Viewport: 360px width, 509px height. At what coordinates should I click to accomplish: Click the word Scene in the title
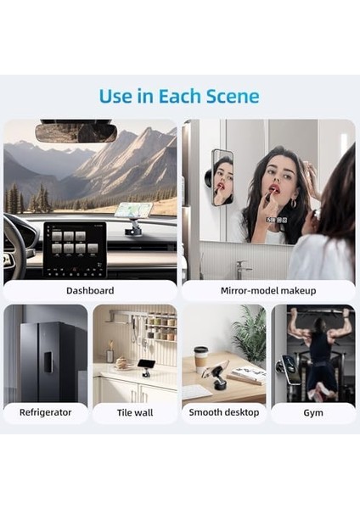[x=233, y=96]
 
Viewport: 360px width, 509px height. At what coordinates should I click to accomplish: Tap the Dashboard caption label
[x=90, y=290]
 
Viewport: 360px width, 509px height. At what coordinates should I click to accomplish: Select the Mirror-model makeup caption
[x=268, y=290]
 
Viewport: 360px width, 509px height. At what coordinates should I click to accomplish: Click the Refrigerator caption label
[x=46, y=412]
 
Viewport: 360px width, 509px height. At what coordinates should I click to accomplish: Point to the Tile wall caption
[x=135, y=412]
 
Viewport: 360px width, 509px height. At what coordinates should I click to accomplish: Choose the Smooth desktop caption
[x=224, y=412]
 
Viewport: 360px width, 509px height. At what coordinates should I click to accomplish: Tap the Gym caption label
[x=313, y=413]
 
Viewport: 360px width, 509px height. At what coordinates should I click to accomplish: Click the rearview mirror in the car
[x=76, y=131]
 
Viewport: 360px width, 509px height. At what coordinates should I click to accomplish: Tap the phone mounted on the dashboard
[x=135, y=210]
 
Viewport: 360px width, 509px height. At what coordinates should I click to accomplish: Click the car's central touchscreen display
[x=75, y=250]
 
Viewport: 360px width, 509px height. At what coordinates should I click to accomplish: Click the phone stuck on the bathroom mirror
[x=222, y=178]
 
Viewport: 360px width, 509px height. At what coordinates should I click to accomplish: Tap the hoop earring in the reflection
[x=293, y=204]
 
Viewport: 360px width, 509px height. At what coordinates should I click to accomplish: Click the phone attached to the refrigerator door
[x=48, y=362]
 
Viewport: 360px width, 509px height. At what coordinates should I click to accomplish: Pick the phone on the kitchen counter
[x=145, y=364]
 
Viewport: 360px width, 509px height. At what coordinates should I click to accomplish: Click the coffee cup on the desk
[x=200, y=360]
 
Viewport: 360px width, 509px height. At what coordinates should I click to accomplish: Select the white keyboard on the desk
[x=196, y=391]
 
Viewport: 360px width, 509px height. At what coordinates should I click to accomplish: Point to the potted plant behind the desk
[x=250, y=334]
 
